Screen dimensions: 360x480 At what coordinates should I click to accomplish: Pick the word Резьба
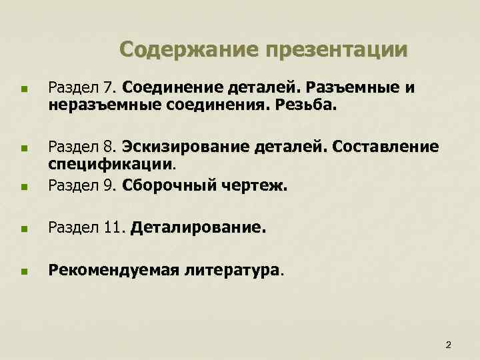pos(313,104)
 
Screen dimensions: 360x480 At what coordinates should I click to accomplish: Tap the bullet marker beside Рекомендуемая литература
pos(24,272)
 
